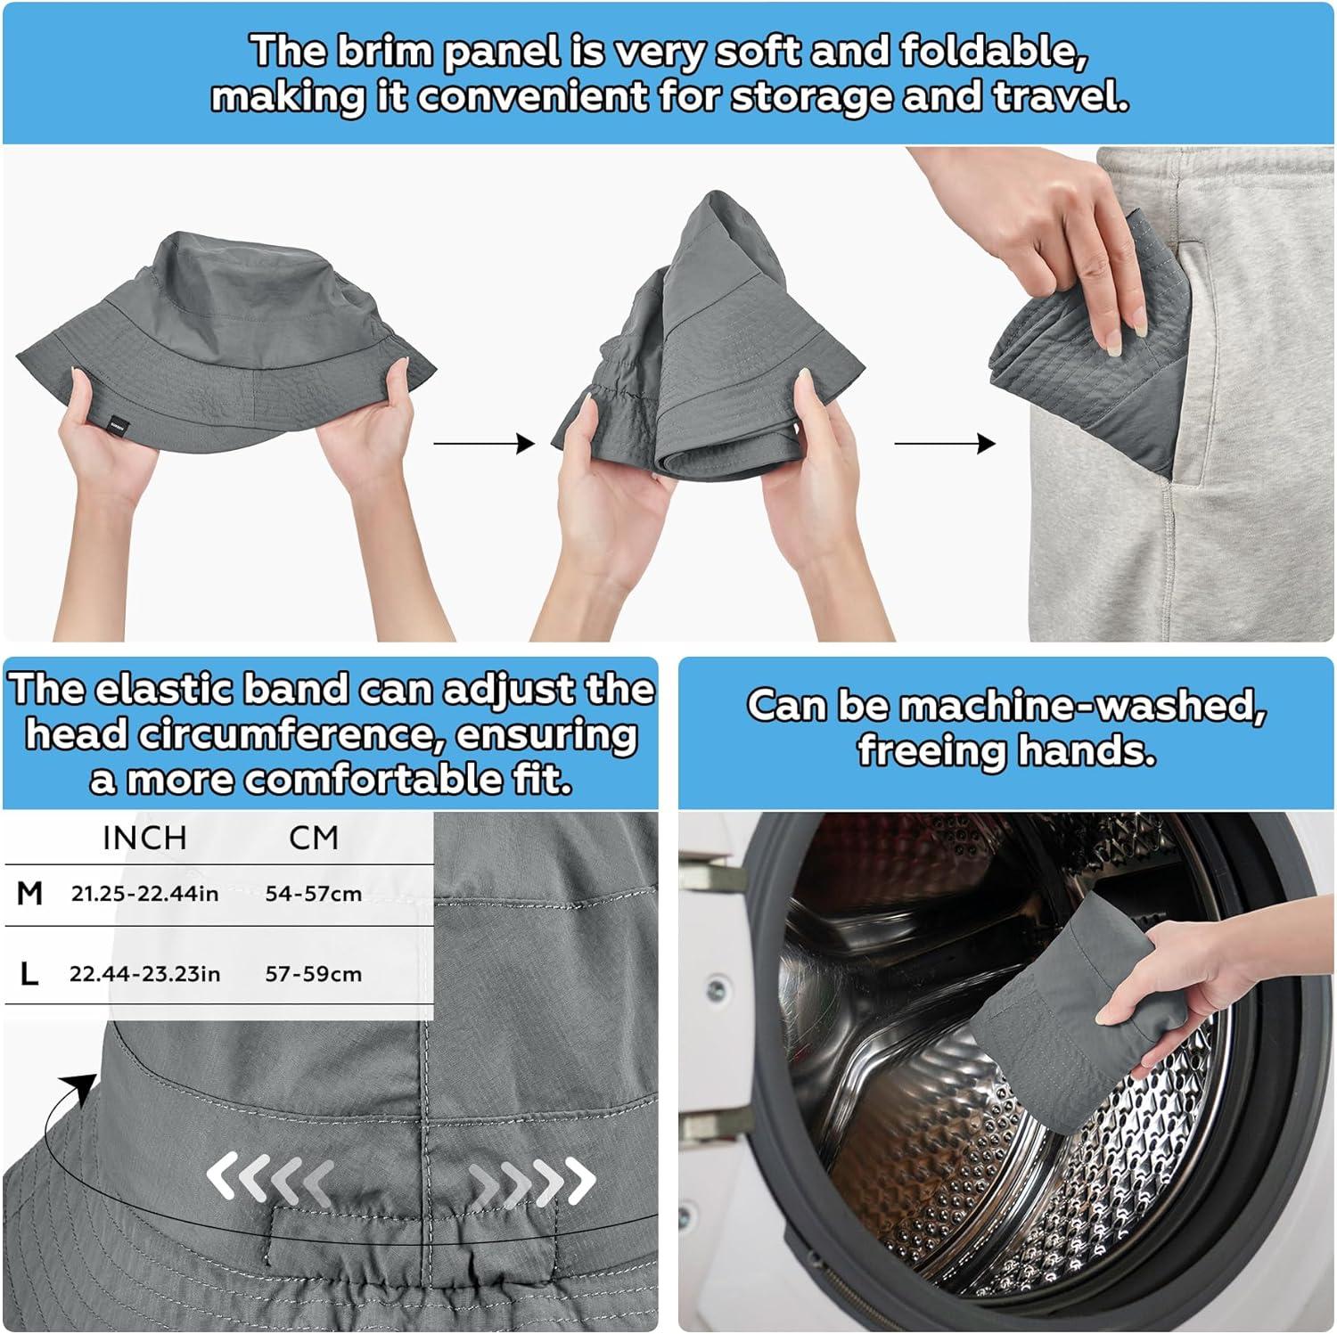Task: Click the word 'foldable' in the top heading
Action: click(x=992, y=53)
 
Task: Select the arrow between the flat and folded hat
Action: click(x=484, y=443)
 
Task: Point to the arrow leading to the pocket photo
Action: click(x=945, y=443)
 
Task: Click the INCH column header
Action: click(x=145, y=838)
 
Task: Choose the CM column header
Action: click(x=314, y=838)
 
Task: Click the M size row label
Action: click(x=30, y=893)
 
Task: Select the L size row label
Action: click(x=29, y=974)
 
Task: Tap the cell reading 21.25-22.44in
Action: click(x=145, y=894)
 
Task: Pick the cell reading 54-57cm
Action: click(x=314, y=894)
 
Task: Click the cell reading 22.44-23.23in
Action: click(x=145, y=974)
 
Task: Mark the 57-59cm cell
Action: click(x=314, y=974)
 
